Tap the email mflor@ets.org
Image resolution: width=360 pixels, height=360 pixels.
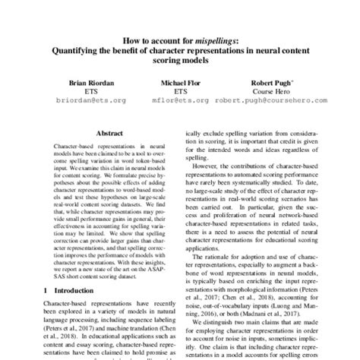click(x=181, y=99)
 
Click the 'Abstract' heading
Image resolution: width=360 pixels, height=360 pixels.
click(x=107, y=131)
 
